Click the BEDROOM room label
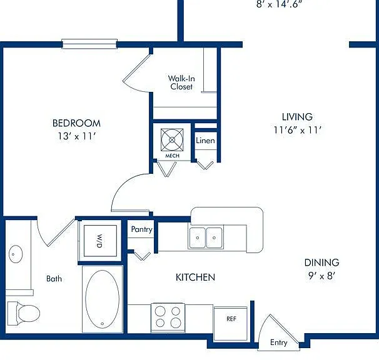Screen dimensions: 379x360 [76, 123]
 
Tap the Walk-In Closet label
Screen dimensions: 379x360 [181, 82]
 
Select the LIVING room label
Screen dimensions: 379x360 [297, 117]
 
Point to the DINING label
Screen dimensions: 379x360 [321, 262]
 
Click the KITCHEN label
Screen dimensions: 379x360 [195, 277]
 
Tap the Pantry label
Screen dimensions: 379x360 [141, 229]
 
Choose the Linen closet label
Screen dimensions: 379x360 [205, 141]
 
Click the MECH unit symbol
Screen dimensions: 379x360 [172, 140]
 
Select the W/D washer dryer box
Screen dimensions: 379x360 [100, 241]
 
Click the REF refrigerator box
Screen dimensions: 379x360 [231, 324]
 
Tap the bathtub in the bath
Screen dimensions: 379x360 [102, 299]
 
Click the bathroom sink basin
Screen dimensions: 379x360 [16, 254]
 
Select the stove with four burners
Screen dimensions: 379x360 [168, 317]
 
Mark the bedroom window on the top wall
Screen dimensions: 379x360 [89, 44]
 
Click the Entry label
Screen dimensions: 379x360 [279, 342]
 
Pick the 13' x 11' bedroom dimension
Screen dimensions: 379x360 [76, 136]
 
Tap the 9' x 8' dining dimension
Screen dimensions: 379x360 [321, 276]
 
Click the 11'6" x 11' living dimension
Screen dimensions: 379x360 [297, 130]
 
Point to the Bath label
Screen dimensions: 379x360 [54, 279]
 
